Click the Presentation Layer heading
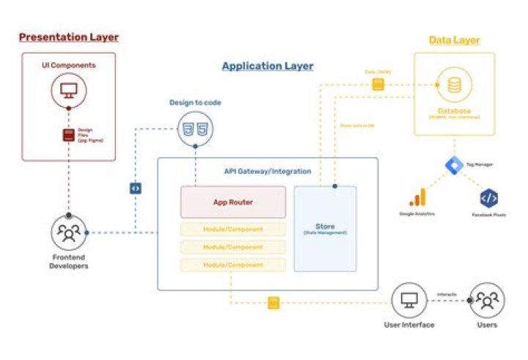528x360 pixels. [x=68, y=37]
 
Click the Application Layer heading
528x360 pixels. [x=268, y=66]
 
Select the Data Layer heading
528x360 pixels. [x=454, y=40]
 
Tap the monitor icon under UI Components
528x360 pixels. [x=68, y=91]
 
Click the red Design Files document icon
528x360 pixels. [x=68, y=135]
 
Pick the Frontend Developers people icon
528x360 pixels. [x=68, y=233]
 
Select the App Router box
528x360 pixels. [x=233, y=202]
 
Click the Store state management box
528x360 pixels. [x=325, y=228]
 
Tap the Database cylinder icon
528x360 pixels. [x=455, y=86]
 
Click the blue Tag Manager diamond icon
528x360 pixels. [x=454, y=165]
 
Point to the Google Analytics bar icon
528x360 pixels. [x=417, y=197]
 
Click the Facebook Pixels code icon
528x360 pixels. [x=489, y=197]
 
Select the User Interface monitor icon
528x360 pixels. [x=408, y=301]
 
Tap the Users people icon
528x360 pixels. [x=485, y=301]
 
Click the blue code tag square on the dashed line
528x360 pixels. [x=135, y=188]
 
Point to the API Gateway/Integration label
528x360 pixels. [x=268, y=171]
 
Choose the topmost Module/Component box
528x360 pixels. [x=233, y=229]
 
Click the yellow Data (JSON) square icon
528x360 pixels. [x=378, y=84]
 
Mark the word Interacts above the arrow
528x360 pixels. [x=446, y=294]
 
